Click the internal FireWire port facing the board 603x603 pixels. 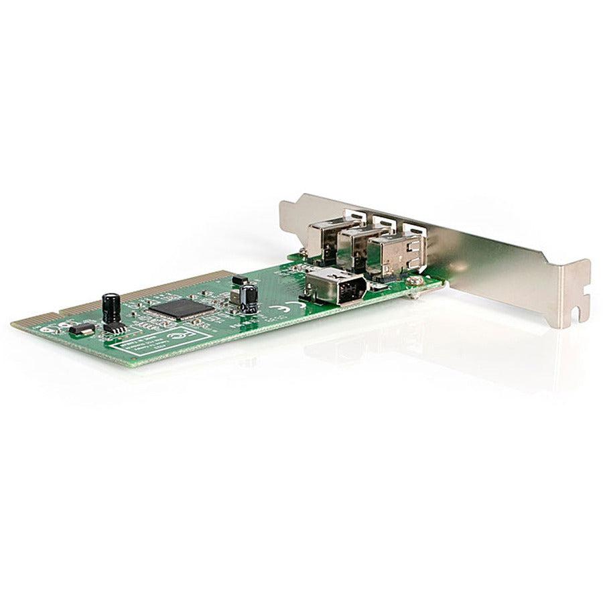(x=330, y=284)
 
